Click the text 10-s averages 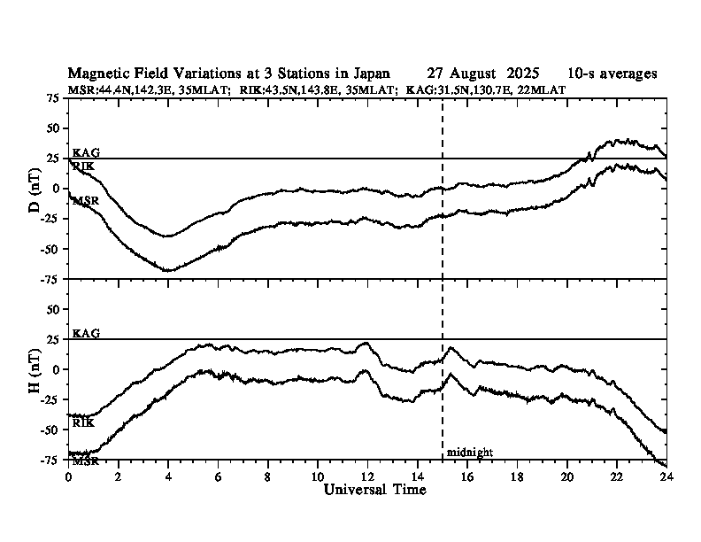[x=613, y=74]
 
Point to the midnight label [x=469, y=453]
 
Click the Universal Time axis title [x=374, y=489]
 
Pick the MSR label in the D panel [x=85, y=201]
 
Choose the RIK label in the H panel [x=83, y=423]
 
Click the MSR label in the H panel [x=85, y=461]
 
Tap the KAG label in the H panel [x=86, y=334]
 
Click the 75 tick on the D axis [x=52, y=98]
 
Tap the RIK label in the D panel [x=83, y=166]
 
